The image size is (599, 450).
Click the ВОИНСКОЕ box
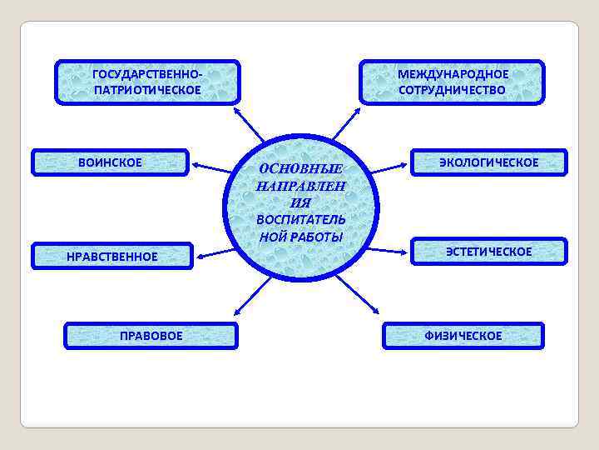click(x=111, y=162)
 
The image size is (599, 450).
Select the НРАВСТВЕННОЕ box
click(x=112, y=256)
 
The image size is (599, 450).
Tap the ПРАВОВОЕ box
click(x=151, y=336)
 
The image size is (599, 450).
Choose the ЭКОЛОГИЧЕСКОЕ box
click(x=488, y=162)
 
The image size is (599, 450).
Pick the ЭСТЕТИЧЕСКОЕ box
click(x=488, y=251)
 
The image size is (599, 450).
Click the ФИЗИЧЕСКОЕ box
click(x=463, y=336)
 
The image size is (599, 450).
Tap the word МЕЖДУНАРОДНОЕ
click(x=453, y=73)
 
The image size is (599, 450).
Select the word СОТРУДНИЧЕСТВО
click(x=453, y=90)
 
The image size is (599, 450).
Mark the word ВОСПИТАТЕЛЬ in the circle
click(x=300, y=219)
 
